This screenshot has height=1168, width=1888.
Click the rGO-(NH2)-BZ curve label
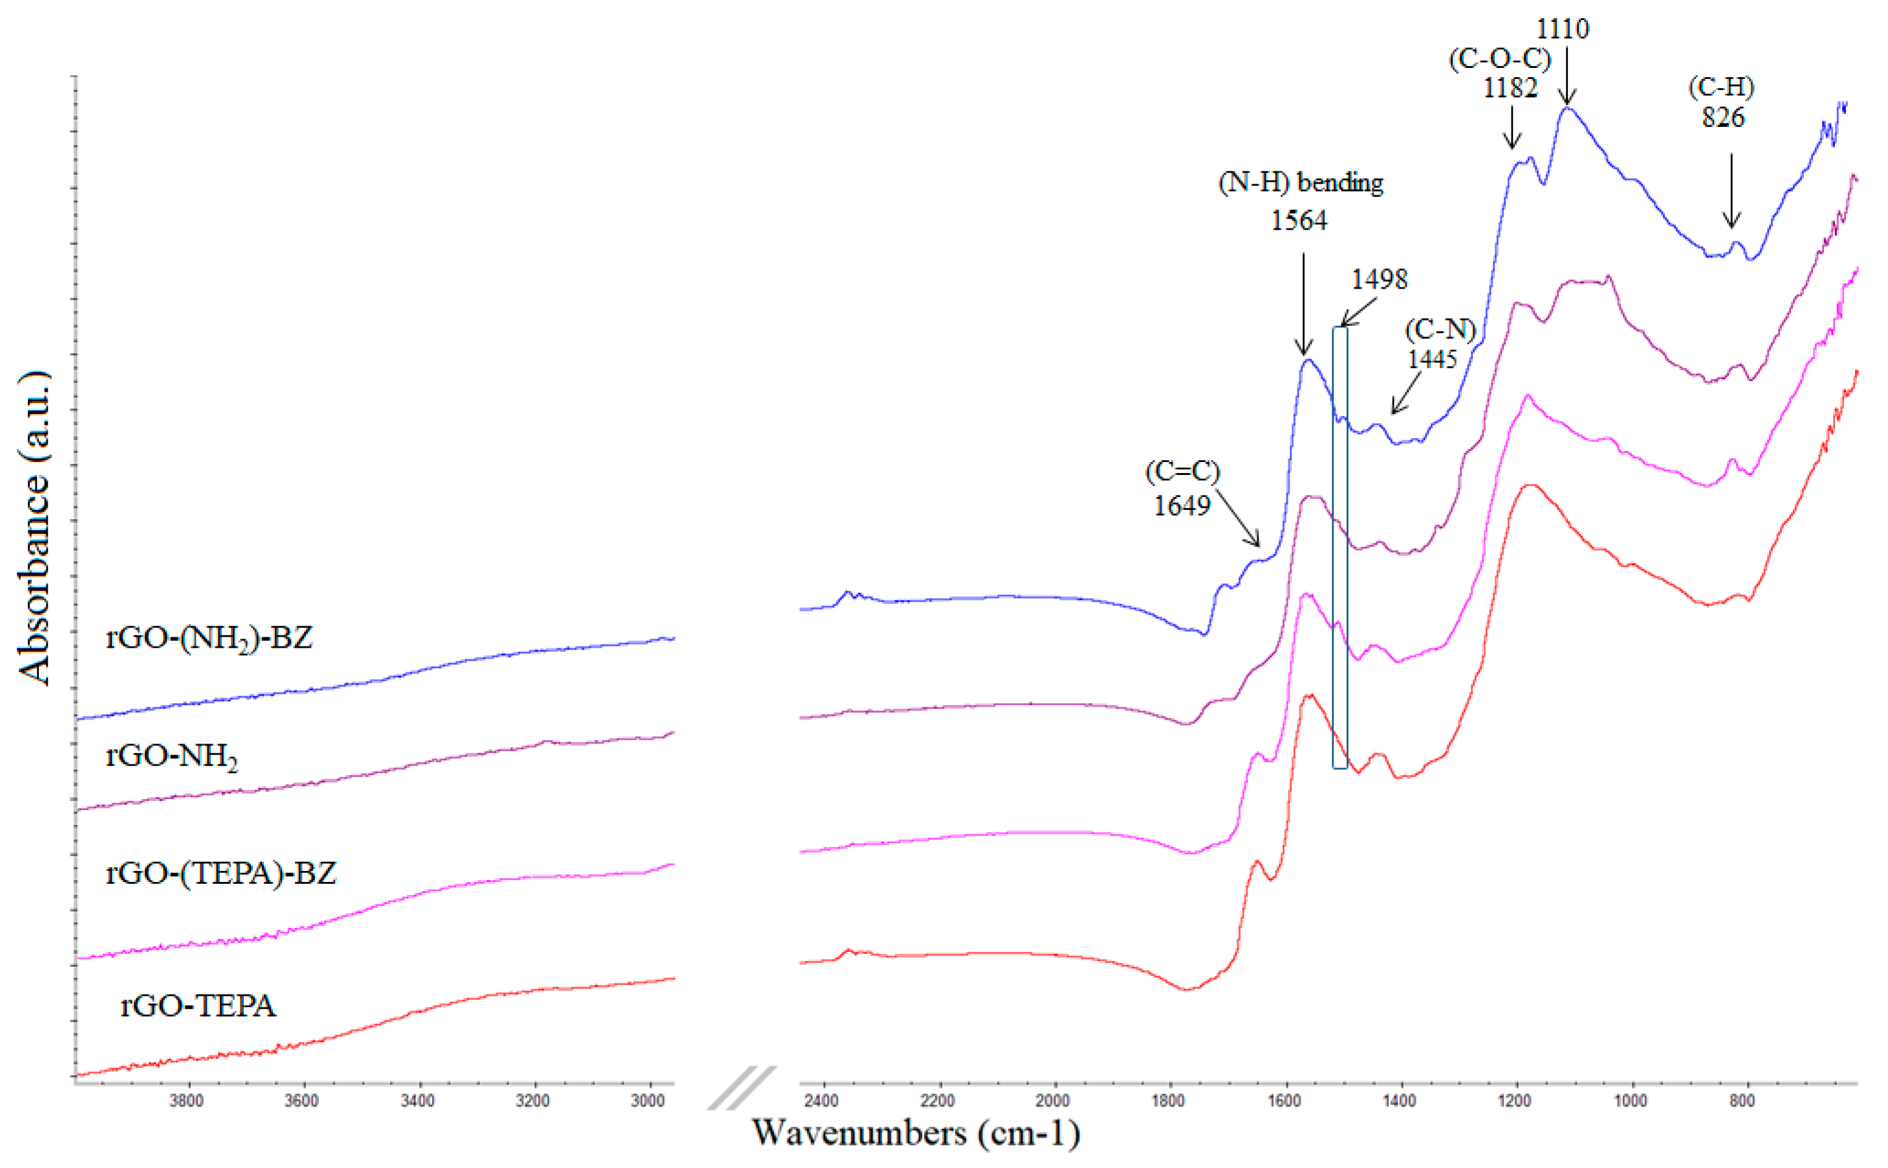(x=208, y=638)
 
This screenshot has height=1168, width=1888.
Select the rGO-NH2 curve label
(x=171, y=756)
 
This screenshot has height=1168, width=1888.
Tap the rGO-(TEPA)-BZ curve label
(x=221, y=873)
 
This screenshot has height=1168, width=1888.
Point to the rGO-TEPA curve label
(x=198, y=1005)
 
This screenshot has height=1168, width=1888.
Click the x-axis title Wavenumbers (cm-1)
(x=916, y=1133)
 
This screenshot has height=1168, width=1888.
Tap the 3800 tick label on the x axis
(x=186, y=1101)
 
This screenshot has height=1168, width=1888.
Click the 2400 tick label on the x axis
(x=821, y=1101)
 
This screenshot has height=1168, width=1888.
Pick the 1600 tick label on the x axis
(x=1283, y=1101)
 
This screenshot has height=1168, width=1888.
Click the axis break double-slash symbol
(x=741, y=1088)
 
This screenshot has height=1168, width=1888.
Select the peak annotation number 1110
(x=1562, y=28)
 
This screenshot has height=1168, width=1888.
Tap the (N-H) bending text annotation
(x=1300, y=182)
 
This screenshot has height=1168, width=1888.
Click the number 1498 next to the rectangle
(x=1379, y=279)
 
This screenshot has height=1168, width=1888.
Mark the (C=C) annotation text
(x=1182, y=470)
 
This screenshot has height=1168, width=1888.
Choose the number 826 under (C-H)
(x=1724, y=117)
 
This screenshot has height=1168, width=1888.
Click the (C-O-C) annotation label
(x=1499, y=59)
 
